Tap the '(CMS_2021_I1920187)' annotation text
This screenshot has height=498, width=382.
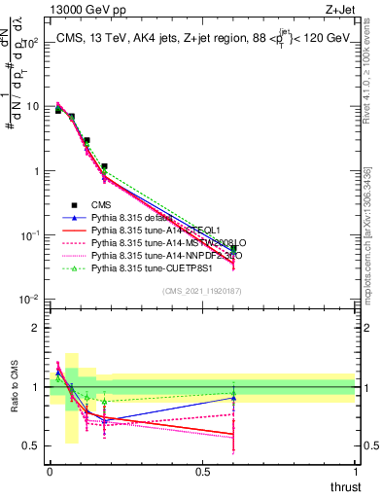201,291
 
